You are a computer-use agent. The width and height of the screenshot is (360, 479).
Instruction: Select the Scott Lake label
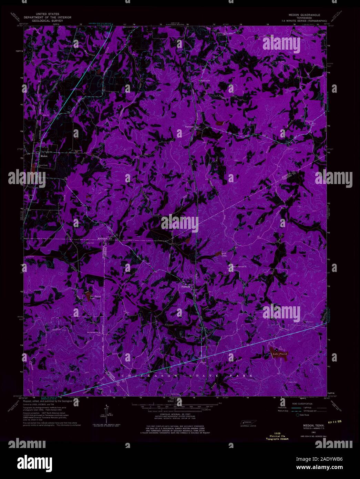coord(224,255)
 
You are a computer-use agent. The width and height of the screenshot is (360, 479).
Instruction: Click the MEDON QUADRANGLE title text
coord(304,15)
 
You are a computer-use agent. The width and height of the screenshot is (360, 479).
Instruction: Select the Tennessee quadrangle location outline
coord(246,422)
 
